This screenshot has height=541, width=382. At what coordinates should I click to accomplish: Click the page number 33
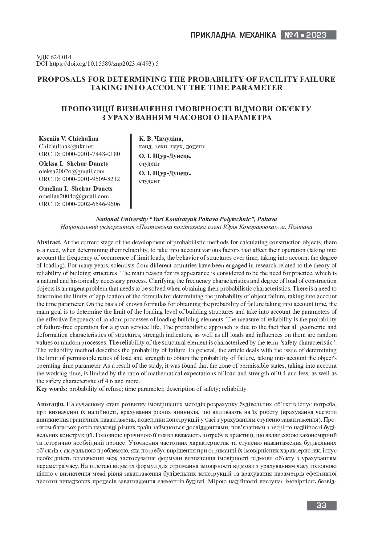(x=321, y=505)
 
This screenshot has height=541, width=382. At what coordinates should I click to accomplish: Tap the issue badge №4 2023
(x=308, y=35)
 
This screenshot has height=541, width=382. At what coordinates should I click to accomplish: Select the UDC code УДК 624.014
(x=54, y=57)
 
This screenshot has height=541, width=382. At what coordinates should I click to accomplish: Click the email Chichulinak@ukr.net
(x=66, y=147)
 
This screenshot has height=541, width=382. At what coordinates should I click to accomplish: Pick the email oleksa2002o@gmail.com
(x=71, y=171)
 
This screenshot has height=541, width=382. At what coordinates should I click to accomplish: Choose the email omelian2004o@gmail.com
(x=74, y=196)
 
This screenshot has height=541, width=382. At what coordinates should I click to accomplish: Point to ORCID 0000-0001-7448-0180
(x=79, y=154)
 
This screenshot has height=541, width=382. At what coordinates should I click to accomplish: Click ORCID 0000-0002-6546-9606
(x=79, y=204)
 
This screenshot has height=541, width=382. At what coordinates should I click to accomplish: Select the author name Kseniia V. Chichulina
(x=68, y=139)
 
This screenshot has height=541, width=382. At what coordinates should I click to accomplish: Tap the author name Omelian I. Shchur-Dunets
(x=75, y=188)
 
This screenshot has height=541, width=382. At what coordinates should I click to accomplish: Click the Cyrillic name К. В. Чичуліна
(x=161, y=139)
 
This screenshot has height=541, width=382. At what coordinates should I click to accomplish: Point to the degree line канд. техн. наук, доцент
(x=172, y=147)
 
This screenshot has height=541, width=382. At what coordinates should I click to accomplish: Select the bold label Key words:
(x=52, y=389)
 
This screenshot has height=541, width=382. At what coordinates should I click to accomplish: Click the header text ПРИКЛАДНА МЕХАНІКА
(x=233, y=35)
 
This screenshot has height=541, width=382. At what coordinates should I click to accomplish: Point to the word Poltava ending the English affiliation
(x=267, y=219)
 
